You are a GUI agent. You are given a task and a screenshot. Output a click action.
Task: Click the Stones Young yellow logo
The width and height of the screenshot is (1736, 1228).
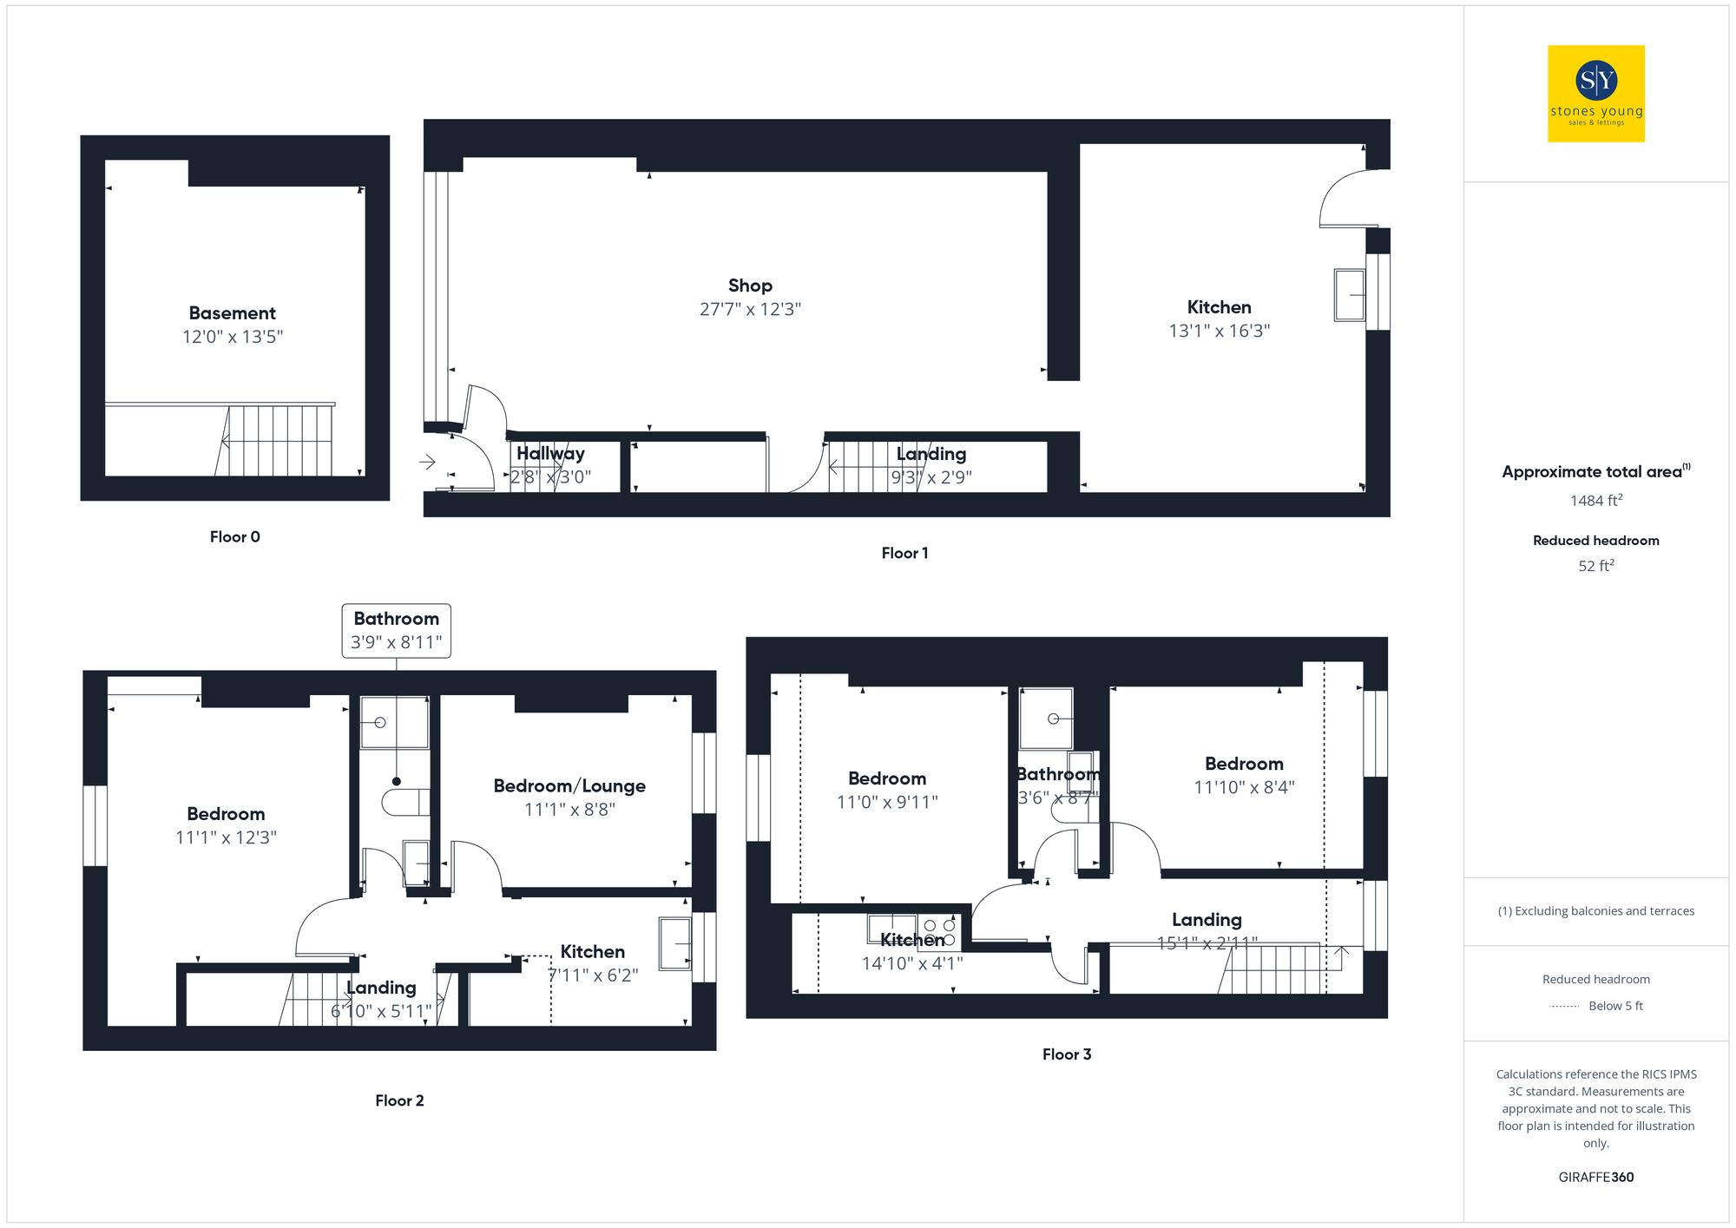click(x=1595, y=94)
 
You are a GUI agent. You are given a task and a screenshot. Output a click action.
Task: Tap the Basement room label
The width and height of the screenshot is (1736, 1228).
click(x=232, y=313)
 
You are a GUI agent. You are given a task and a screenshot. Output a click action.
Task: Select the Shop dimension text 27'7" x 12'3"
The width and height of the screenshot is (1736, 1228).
click(x=750, y=310)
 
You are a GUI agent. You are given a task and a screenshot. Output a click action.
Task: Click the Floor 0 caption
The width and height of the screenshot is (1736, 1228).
click(x=234, y=537)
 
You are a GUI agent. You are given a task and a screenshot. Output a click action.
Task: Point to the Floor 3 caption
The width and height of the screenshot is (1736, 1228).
click(x=1066, y=1054)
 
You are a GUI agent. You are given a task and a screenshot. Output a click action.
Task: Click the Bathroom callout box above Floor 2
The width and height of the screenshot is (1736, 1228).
click(x=396, y=631)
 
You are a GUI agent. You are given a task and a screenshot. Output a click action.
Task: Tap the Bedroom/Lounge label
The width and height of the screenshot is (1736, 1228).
click(x=569, y=786)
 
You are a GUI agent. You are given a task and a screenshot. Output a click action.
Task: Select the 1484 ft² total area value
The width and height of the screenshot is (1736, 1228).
click(x=1595, y=501)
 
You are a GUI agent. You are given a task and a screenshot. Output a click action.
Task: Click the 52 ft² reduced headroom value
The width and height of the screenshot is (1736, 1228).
click(x=1595, y=566)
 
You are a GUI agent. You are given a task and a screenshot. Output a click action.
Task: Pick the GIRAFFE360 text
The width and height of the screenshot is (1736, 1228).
click(x=1595, y=1178)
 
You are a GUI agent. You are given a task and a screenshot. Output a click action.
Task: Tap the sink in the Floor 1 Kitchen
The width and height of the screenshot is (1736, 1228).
click(x=1349, y=295)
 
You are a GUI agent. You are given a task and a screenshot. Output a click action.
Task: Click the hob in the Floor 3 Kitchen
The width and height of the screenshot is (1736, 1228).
click(x=940, y=933)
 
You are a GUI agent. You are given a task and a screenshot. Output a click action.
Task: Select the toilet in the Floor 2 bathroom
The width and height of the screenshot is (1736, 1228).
click(x=406, y=802)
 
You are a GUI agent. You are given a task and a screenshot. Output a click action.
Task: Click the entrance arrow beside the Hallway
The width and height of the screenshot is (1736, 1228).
click(x=427, y=462)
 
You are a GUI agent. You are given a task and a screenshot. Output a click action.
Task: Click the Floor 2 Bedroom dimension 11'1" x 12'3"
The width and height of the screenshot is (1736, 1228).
click(x=226, y=837)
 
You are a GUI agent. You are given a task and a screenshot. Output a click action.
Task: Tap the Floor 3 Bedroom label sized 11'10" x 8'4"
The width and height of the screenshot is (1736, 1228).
click(x=1244, y=765)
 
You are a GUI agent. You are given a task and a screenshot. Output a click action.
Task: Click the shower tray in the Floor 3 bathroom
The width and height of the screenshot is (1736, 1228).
click(x=1046, y=719)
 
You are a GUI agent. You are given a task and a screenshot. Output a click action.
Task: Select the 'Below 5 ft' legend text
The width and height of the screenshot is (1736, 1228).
click(x=1614, y=1006)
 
